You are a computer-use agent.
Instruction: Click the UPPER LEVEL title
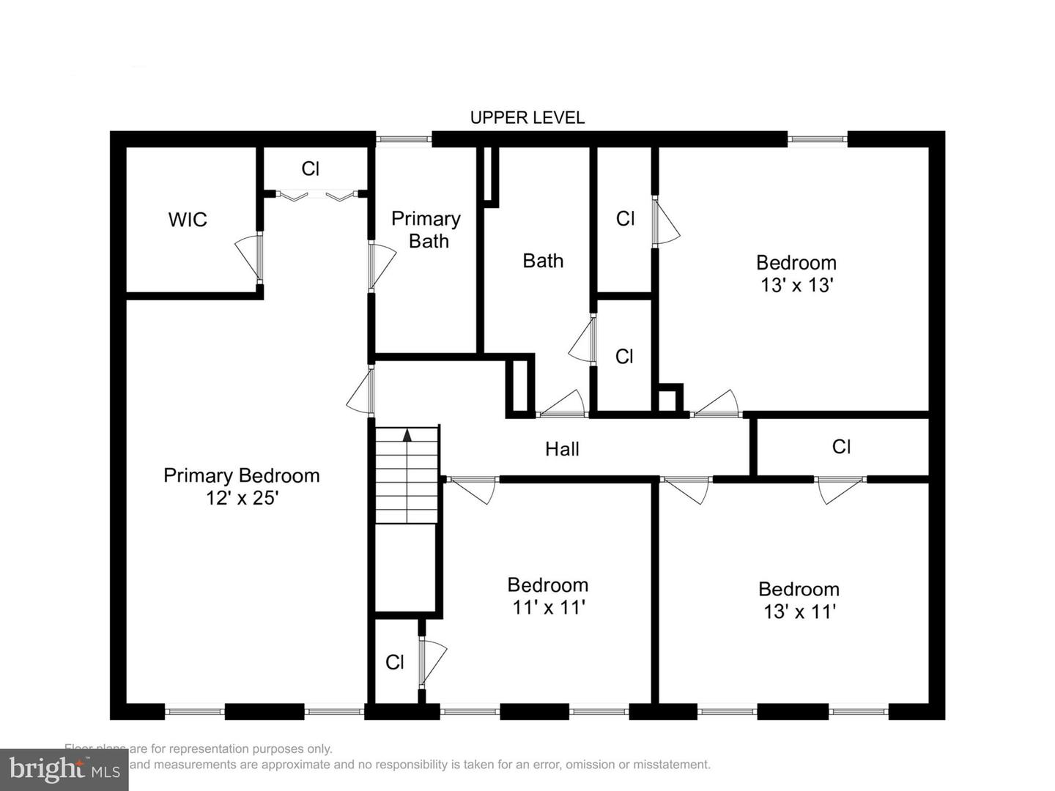coord(527,117)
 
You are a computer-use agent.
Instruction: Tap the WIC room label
coord(188,220)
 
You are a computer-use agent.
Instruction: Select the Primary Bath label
coord(426,230)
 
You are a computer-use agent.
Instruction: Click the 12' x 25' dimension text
coord(242,498)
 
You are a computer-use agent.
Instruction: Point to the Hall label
coord(562,449)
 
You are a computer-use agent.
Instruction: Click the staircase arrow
coord(407,435)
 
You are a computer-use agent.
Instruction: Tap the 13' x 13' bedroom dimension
coord(796,285)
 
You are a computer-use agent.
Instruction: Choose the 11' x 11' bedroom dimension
coord(548,607)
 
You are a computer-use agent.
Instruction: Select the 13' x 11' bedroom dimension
coord(799,612)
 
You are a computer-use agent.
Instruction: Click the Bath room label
coord(543,261)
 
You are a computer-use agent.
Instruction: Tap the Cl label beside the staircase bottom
coord(395,662)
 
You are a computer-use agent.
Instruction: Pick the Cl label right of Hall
coord(841,447)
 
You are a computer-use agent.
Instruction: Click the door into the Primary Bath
coord(380,265)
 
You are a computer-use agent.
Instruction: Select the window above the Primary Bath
coord(404,138)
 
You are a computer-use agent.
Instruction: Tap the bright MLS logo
coord(64,769)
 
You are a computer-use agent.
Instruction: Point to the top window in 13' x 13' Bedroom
coord(818,138)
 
